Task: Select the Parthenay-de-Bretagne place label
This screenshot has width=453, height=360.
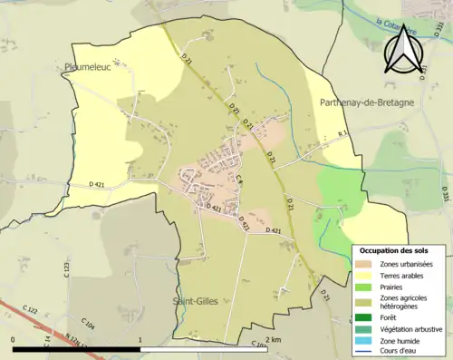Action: (367, 103)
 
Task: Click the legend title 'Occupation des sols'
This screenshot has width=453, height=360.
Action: (394, 249)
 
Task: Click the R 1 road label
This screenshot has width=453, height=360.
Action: (342, 134)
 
